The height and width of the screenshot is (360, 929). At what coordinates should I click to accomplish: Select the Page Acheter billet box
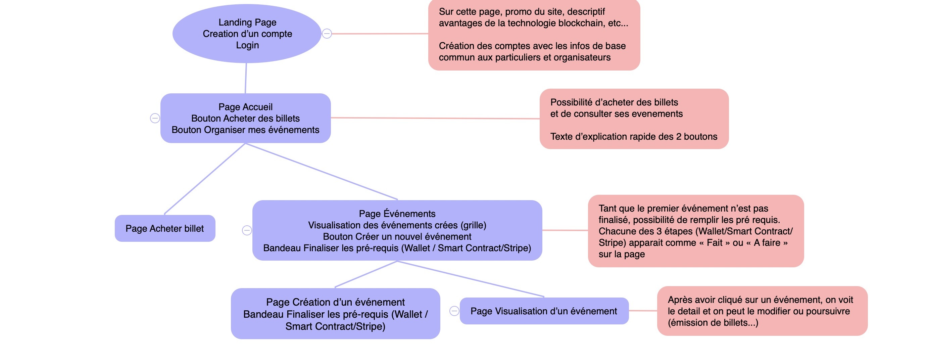(x=165, y=228)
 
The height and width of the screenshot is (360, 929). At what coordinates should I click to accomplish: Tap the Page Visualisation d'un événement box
(x=544, y=311)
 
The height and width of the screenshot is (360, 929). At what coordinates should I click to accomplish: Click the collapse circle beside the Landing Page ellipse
(x=327, y=34)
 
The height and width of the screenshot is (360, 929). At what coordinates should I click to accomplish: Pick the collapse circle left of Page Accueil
(x=155, y=118)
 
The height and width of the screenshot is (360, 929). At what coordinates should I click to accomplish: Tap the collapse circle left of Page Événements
(x=247, y=230)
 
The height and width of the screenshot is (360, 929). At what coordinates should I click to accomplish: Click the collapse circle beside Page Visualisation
(x=454, y=311)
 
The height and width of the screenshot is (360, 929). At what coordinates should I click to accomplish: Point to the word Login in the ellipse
(x=247, y=45)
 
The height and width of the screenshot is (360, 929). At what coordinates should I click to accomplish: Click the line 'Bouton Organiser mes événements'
(x=245, y=130)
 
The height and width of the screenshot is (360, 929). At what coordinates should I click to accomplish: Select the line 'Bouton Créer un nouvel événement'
(x=397, y=237)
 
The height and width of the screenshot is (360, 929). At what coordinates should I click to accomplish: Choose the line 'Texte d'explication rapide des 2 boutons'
(x=634, y=137)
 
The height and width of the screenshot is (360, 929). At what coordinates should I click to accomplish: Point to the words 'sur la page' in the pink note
(x=622, y=254)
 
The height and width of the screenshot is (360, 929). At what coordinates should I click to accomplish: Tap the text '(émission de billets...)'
(x=713, y=323)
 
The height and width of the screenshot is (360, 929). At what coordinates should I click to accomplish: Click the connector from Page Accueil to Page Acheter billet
(x=204, y=179)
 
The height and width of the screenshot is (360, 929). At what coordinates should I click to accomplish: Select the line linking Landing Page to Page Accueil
(x=246, y=78)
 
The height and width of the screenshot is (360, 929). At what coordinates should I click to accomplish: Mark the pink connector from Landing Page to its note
(x=379, y=34)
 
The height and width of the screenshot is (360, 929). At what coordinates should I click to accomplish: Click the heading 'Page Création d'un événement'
(x=335, y=302)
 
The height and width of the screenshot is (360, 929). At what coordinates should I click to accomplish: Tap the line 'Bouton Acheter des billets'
(x=245, y=118)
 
